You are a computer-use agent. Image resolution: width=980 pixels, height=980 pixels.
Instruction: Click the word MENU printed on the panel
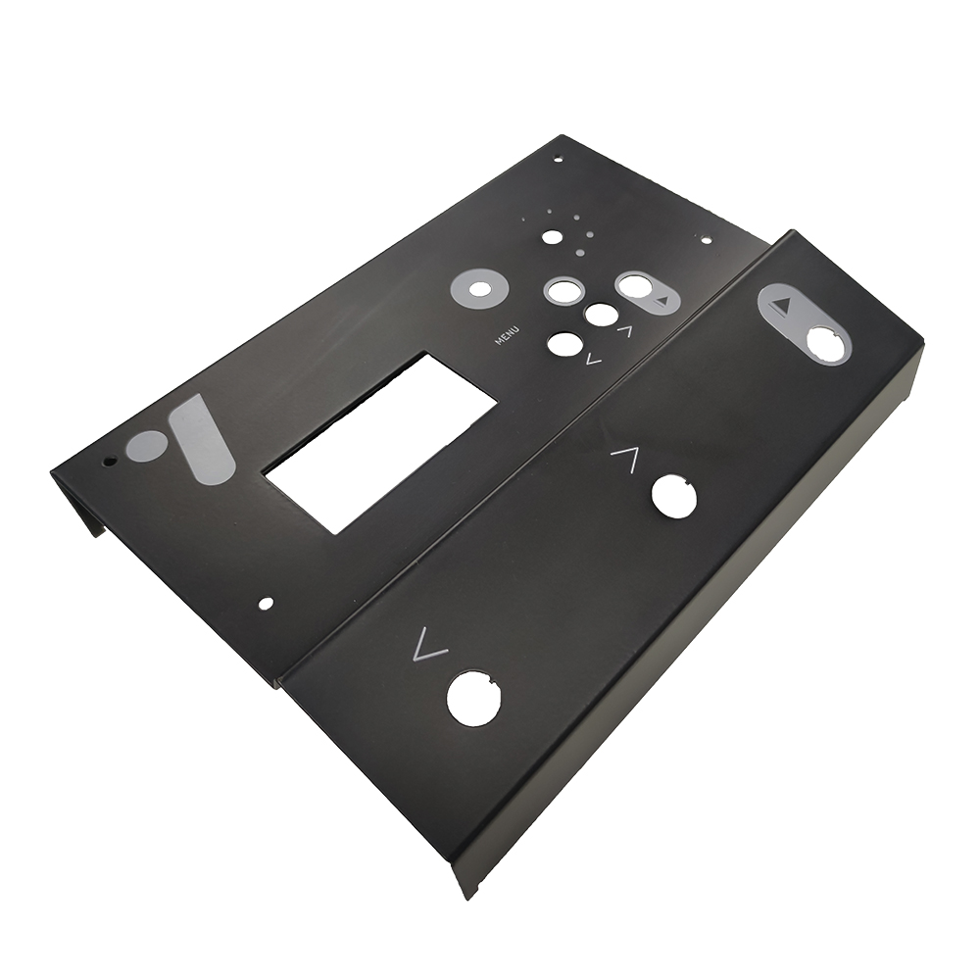tap(507, 335)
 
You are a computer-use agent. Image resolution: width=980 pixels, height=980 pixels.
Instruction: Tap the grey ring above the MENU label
tap(479, 289)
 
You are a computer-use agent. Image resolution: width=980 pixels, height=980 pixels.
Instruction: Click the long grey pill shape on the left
tap(202, 438)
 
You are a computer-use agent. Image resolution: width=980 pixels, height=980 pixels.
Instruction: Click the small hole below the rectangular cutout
tap(267, 603)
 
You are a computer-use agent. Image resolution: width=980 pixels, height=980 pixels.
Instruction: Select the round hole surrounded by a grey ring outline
tap(563, 289)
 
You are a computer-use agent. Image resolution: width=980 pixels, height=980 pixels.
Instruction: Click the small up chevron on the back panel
tap(624, 331)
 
